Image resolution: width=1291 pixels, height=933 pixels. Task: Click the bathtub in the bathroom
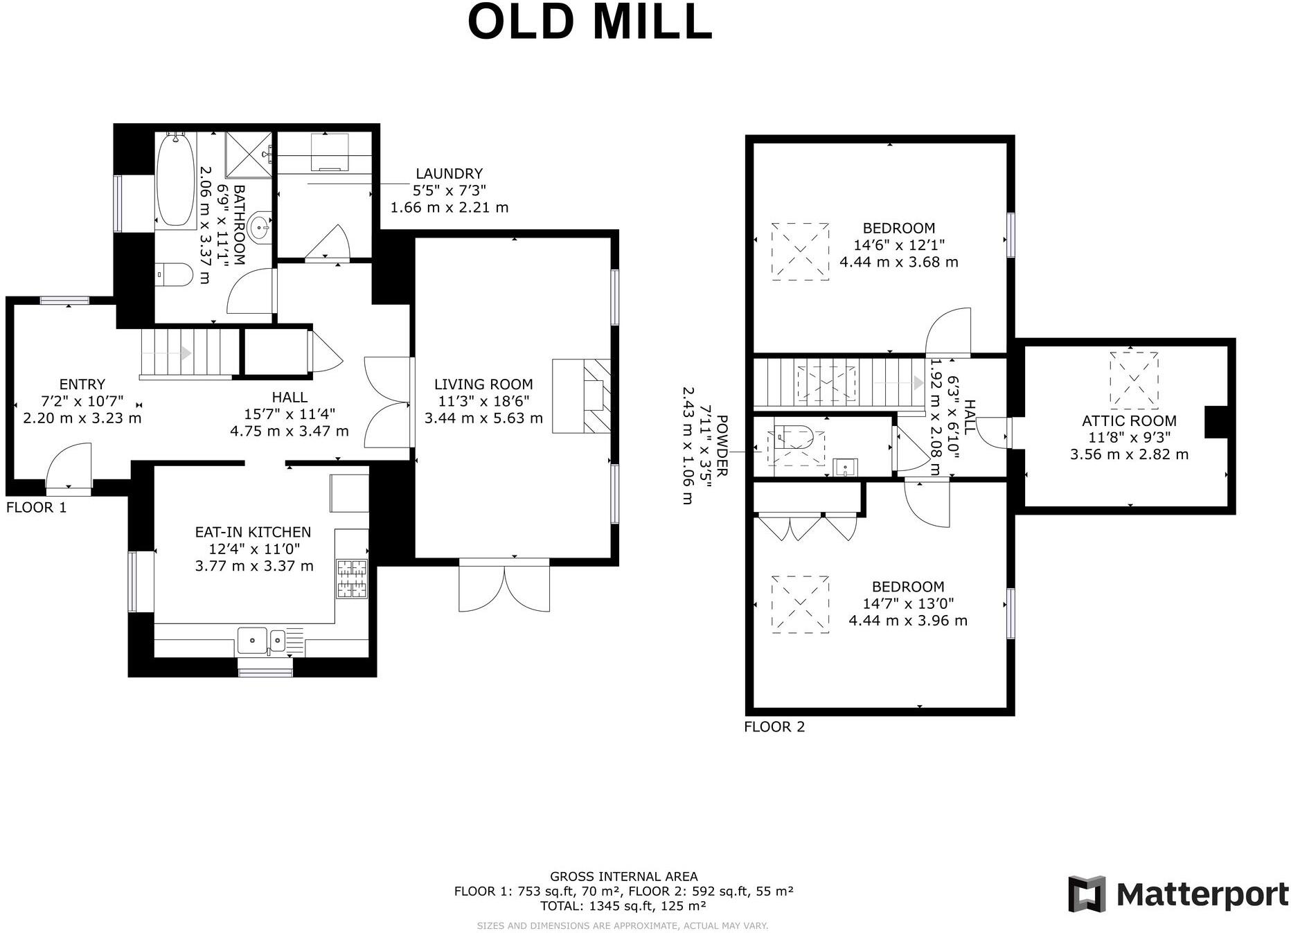(175, 179)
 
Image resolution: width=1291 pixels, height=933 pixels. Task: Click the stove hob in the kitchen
(352, 578)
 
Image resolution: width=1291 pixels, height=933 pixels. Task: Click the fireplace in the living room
(582, 396)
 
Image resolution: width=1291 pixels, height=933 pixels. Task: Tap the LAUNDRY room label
(449, 173)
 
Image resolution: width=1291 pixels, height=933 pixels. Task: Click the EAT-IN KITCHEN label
(253, 532)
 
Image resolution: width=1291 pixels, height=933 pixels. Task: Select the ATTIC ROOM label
(1129, 420)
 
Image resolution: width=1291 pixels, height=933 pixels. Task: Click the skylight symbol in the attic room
(1133, 379)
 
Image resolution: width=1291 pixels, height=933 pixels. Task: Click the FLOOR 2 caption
(774, 727)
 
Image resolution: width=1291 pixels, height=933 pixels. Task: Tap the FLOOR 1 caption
(36, 507)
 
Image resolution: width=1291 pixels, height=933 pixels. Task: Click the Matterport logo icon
(1086, 894)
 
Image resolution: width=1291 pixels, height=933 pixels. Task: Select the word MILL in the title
(652, 22)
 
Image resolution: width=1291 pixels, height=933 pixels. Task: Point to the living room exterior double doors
(504, 587)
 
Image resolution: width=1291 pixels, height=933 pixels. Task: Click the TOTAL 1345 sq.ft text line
(623, 906)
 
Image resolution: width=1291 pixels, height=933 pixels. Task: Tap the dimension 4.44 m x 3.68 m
(898, 262)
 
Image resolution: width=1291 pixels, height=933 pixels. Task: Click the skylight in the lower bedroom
(801, 603)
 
